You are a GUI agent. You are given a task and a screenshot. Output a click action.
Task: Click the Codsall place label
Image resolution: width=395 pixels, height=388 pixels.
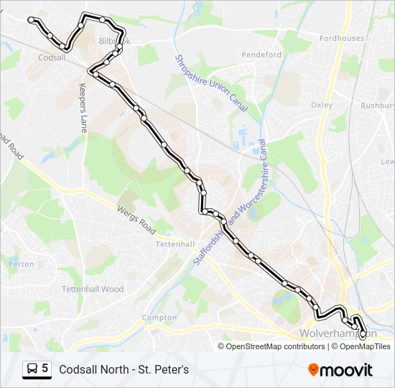click(x=52, y=57)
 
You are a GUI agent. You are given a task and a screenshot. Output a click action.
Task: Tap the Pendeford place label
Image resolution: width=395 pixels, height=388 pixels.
click(x=261, y=55)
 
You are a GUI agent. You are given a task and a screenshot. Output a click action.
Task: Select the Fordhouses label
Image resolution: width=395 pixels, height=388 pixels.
click(x=342, y=38)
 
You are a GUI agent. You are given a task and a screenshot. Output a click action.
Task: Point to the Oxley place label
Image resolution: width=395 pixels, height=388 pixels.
click(x=321, y=105)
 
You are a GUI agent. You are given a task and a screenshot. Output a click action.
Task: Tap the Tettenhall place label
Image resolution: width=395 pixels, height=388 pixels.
click(x=175, y=244)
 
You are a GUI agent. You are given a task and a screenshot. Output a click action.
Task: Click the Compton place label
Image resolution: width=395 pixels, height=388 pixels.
click(x=159, y=318)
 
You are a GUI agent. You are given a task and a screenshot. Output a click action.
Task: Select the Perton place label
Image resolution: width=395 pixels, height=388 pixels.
click(x=21, y=264)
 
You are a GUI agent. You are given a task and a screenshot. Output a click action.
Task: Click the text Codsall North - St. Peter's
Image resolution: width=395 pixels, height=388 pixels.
click(x=124, y=369)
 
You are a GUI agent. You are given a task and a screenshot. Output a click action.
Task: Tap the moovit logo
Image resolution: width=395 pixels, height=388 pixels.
click(x=340, y=369)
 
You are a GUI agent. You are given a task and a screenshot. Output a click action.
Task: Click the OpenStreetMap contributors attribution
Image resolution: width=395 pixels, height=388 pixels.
click(x=275, y=346)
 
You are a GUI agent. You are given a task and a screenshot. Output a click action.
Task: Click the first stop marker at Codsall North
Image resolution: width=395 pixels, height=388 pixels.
click(x=32, y=21)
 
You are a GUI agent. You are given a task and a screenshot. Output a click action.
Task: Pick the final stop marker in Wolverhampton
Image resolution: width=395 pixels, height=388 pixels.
click(x=362, y=333)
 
